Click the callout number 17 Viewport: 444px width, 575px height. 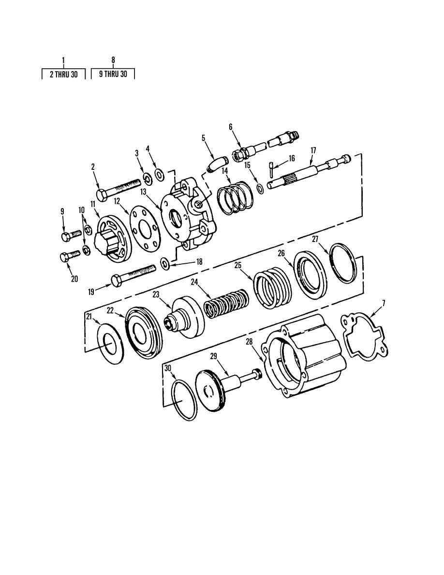point(313,151)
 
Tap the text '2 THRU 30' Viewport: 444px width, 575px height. point(64,75)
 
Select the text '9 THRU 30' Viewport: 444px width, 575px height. point(113,74)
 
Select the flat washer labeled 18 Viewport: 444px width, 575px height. point(165,263)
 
